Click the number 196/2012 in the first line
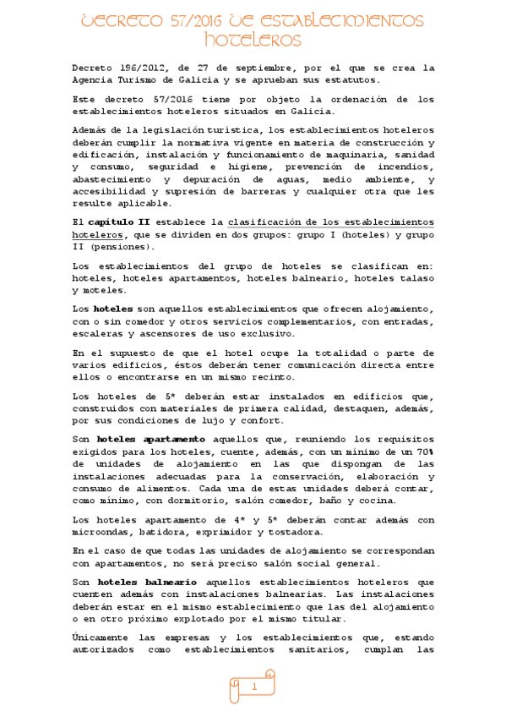150,68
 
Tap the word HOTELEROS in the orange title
253,40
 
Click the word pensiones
124,247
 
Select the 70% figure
423,452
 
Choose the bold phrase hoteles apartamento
151,440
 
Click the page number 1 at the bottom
253,687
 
